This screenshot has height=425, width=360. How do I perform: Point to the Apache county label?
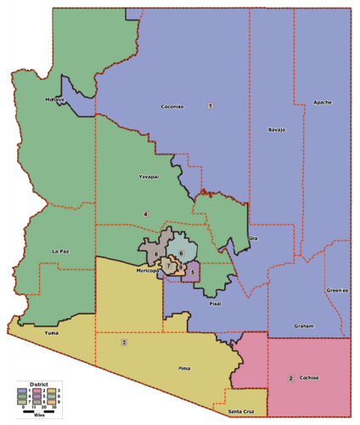(x=322, y=102)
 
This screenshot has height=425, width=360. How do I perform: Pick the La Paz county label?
(x=59, y=252)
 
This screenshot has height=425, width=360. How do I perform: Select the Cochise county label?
(x=313, y=377)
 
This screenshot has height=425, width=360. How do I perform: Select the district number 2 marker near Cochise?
(x=291, y=377)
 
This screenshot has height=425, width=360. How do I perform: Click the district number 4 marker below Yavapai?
(x=145, y=213)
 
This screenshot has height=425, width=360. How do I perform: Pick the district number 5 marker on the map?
(x=194, y=272)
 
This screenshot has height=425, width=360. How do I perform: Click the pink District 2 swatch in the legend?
(x=40, y=391)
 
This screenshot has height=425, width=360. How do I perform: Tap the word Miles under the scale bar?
(x=37, y=416)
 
